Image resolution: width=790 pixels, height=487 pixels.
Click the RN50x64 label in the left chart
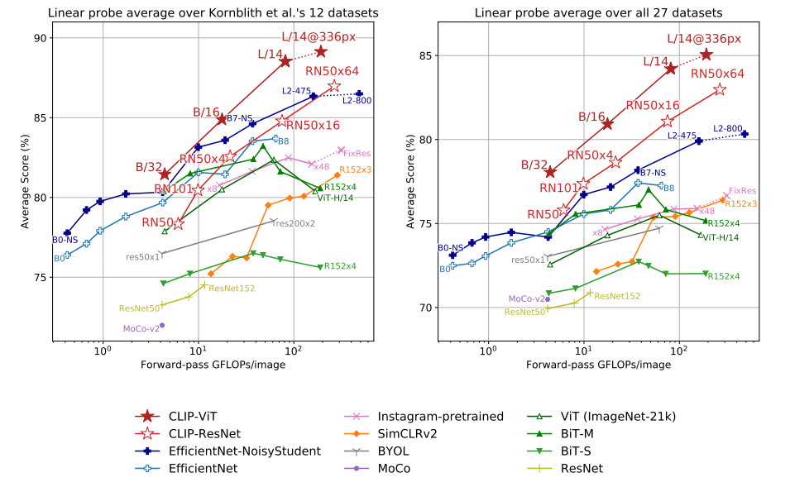click(333, 71)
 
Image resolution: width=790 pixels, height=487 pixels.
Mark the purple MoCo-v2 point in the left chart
click(162, 325)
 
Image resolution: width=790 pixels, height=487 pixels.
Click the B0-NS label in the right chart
click(450, 247)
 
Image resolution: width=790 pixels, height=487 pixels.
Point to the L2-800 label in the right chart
click(728, 128)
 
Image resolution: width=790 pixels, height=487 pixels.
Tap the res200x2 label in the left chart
click(294, 223)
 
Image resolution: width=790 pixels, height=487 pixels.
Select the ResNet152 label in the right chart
click(617, 296)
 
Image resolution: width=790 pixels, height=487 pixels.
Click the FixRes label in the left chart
click(357, 153)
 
